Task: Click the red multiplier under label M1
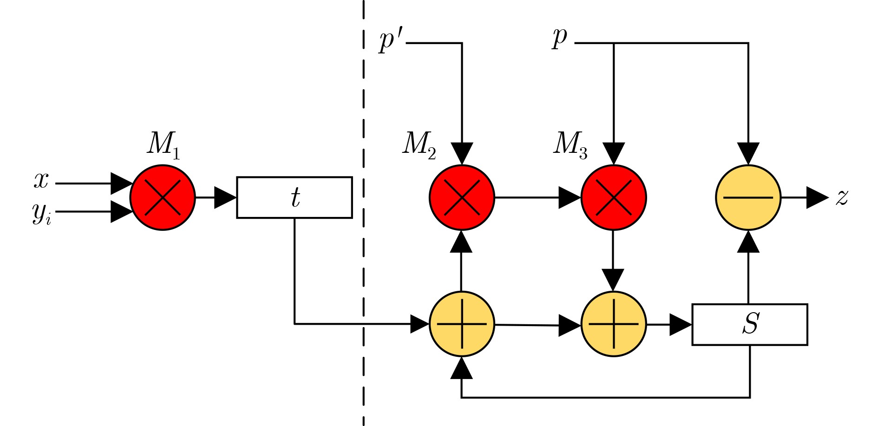(x=163, y=197)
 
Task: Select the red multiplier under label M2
(x=462, y=197)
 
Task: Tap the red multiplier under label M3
(x=614, y=197)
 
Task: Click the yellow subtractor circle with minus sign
(x=748, y=197)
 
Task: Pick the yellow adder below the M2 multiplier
(x=462, y=324)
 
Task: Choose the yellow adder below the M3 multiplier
(x=614, y=324)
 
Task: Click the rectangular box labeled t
(x=295, y=197)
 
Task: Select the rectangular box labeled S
(x=750, y=324)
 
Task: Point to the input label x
(x=41, y=180)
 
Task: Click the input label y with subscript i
(x=41, y=213)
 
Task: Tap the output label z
(x=842, y=197)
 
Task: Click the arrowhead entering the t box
(x=225, y=197)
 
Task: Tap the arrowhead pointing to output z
(x=817, y=197)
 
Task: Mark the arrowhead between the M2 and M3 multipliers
(x=569, y=197)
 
